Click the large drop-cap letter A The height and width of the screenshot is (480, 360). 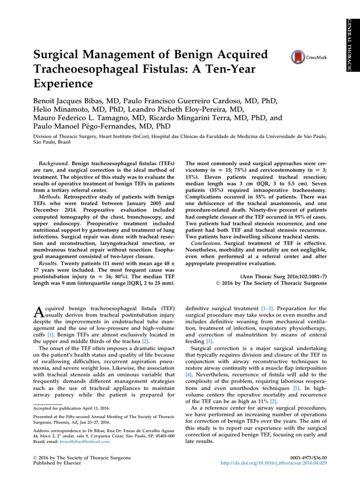click(39, 311)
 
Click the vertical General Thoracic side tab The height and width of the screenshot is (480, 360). click(356, 45)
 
